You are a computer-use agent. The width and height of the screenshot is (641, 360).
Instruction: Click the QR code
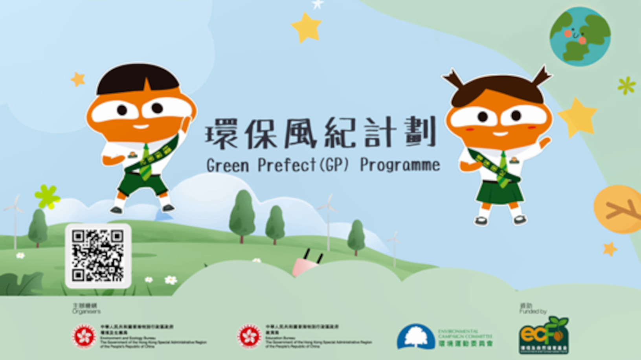[x=98, y=255]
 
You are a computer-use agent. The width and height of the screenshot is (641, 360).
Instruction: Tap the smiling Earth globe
[x=580, y=36]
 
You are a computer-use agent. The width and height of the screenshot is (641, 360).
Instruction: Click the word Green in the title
[x=228, y=165]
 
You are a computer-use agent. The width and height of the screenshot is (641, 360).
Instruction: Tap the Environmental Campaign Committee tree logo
[x=415, y=337]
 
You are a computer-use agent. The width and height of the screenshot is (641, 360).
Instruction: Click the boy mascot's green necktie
[x=146, y=163]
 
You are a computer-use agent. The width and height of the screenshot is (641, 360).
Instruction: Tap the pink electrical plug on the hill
[x=306, y=265]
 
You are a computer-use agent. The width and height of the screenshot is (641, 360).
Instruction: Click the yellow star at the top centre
[x=307, y=27]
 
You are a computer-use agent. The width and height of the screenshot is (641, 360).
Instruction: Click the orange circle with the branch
[x=619, y=209]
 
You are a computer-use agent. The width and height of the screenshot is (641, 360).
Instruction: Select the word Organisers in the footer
[x=86, y=311]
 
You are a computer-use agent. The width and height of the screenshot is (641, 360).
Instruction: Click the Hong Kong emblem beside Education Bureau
[x=249, y=336]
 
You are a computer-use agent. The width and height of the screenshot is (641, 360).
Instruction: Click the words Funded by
[x=533, y=311]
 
